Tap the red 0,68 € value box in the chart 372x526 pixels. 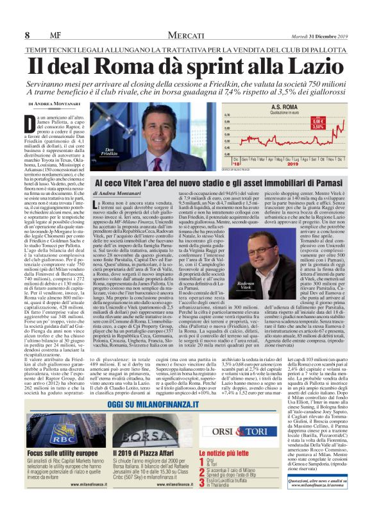(x=335, y=119)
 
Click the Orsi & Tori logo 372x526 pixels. (x=321, y=431)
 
